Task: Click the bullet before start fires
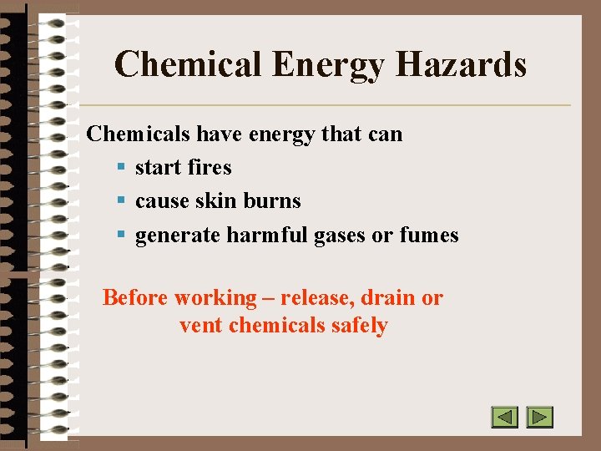[x=122, y=168]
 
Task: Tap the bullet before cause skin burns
[x=122, y=201]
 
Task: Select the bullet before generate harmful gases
[x=122, y=236]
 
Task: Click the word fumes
[x=429, y=236]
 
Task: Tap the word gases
[x=340, y=236]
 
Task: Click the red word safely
[x=360, y=325]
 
